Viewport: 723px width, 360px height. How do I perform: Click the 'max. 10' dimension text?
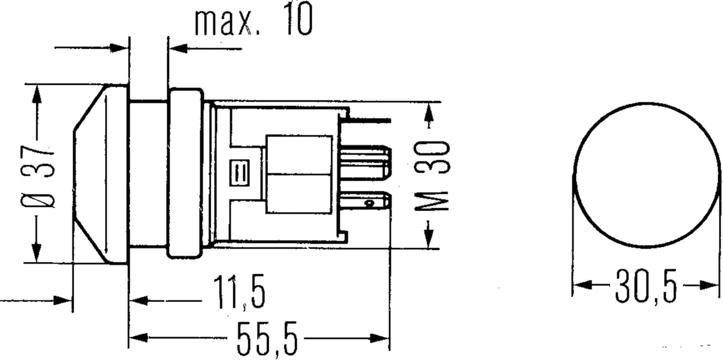(x=254, y=19)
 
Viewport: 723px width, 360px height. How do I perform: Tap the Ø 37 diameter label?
(x=38, y=176)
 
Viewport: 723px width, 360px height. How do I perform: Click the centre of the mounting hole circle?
(x=647, y=175)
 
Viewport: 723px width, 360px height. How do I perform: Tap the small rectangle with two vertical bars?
(x=240, y=173)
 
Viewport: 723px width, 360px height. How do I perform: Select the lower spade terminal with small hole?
(x=366, y=203)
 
